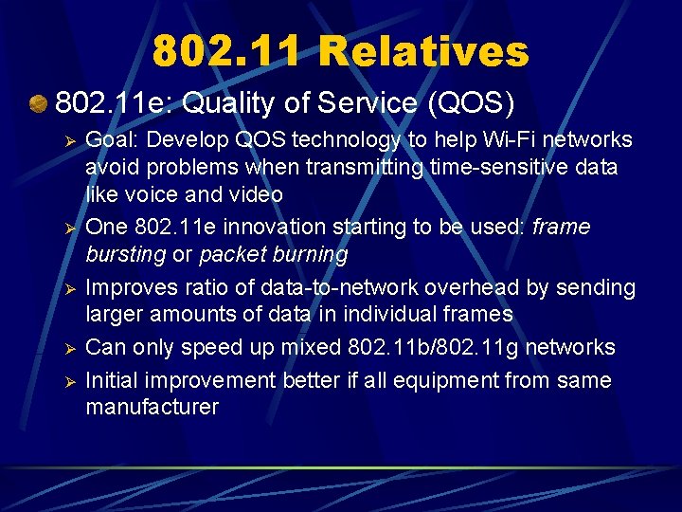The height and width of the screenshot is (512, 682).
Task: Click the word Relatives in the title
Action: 423,51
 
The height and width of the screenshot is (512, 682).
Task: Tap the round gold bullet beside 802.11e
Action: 38,101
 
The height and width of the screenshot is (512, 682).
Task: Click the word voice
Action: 150,194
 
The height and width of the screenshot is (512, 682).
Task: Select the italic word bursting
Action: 125,254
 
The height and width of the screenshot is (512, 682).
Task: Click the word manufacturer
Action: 152,407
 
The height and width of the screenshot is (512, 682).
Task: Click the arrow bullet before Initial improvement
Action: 67,382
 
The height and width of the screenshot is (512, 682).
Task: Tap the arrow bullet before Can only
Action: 67,349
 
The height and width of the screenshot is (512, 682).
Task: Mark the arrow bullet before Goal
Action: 67,141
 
